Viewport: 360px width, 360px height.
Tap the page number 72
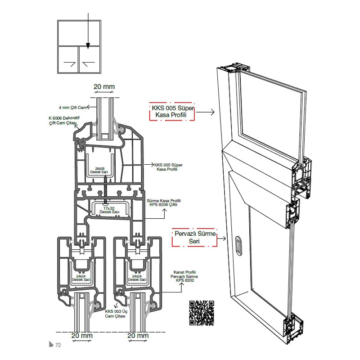click(x=58, y=345)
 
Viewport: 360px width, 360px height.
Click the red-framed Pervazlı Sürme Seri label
click(x=195, y=238)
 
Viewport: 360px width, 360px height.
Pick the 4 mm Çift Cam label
click(x=72, y=108)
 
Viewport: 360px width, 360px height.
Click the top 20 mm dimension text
click(x=104, y=86)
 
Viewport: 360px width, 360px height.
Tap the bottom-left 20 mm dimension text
click(x=81, y=336)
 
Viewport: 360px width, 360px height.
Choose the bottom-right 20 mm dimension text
click(x=138, y=336)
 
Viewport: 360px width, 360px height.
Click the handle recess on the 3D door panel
click(x=238, y=245)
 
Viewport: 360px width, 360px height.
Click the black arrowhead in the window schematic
click(x=88, y=45)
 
